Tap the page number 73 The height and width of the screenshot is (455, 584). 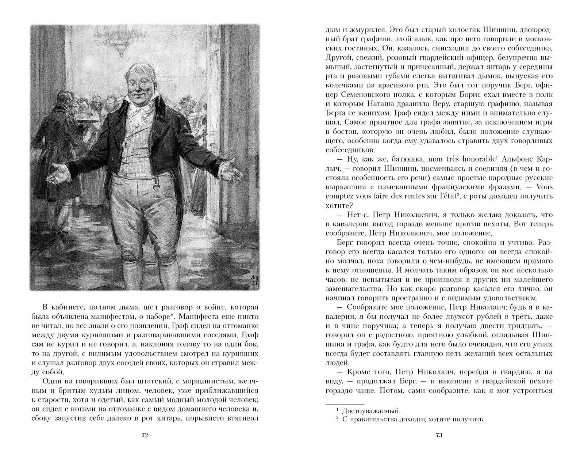pos(439,425)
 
